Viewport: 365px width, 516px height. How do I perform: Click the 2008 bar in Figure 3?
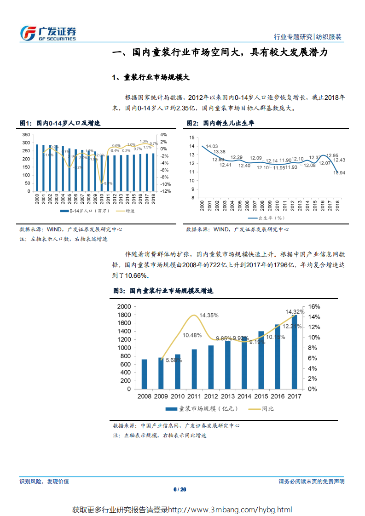[x=144, y=374]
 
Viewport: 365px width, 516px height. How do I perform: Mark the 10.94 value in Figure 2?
[x=339, y=172]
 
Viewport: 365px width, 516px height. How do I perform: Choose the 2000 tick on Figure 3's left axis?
[x=124, y=307]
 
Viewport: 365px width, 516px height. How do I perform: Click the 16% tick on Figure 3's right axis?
[x=314, y=307]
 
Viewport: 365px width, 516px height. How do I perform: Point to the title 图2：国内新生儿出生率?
[x=220, y=123]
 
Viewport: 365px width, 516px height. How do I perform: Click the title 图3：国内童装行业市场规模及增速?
[x=163, y=291]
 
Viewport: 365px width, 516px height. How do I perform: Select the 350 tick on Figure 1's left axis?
[x=26, y=135]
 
